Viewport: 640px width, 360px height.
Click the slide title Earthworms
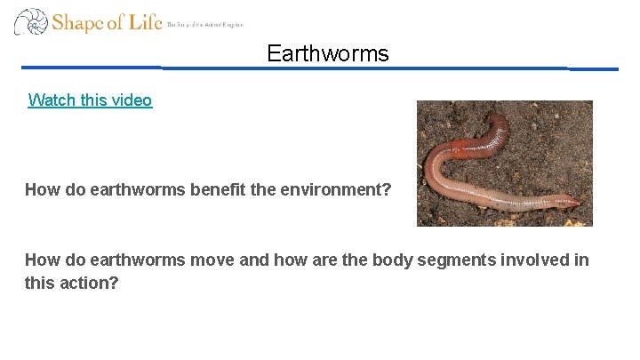point(327,54)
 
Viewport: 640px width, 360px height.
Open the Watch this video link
point(90,100)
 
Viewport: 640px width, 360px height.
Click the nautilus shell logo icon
point(30,21)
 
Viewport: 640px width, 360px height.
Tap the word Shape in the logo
point(78,22)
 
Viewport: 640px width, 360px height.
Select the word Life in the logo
point(145,21)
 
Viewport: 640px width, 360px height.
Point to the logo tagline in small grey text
point(204,25)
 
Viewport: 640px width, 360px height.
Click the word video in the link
point(132,100)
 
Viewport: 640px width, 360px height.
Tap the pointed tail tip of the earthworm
point(579,203)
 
